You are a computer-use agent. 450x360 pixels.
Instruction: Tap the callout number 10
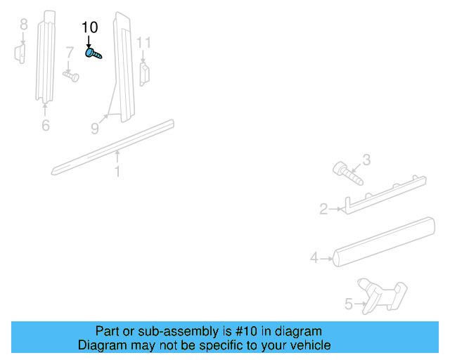click(90, 27)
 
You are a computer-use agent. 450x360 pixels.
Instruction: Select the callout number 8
click(23, 25)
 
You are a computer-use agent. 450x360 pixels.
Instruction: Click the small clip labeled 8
click(20, 53)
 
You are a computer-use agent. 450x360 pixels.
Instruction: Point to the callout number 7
click(70, 52)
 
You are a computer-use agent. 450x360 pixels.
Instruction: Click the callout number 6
click(46, 126)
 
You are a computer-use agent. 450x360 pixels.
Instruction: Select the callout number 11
click(143, 43)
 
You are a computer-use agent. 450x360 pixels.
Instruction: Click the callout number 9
click(95, 128)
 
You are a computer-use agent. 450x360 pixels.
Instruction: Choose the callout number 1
click(117, 171)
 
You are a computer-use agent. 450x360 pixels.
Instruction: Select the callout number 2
click(323, 209)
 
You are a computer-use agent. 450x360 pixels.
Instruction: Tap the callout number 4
click(314, 258)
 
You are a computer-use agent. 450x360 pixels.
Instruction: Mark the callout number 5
click(348, 304)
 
